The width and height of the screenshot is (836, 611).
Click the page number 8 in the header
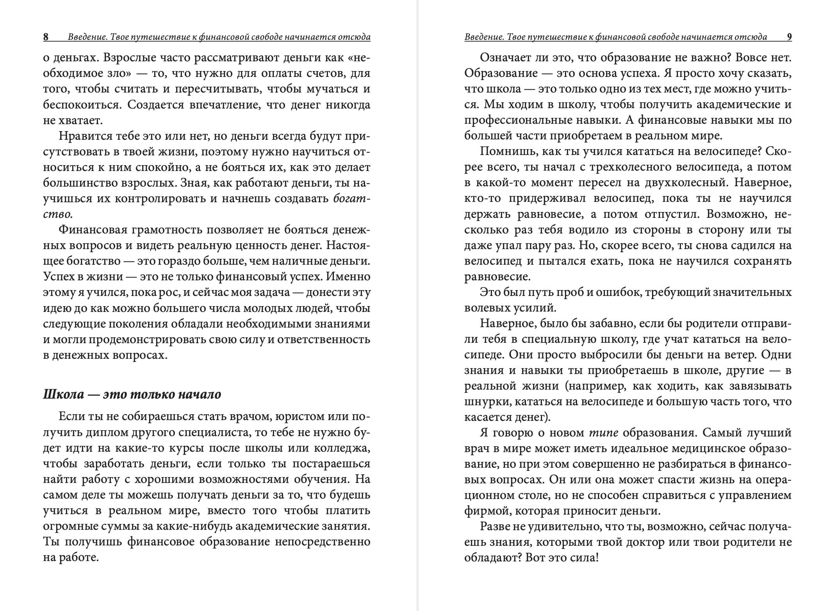point(46,37)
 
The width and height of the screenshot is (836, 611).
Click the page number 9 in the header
point(789,37)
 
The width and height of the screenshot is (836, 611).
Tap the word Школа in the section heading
point(63,394)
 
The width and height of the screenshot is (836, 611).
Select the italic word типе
point(604,433)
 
